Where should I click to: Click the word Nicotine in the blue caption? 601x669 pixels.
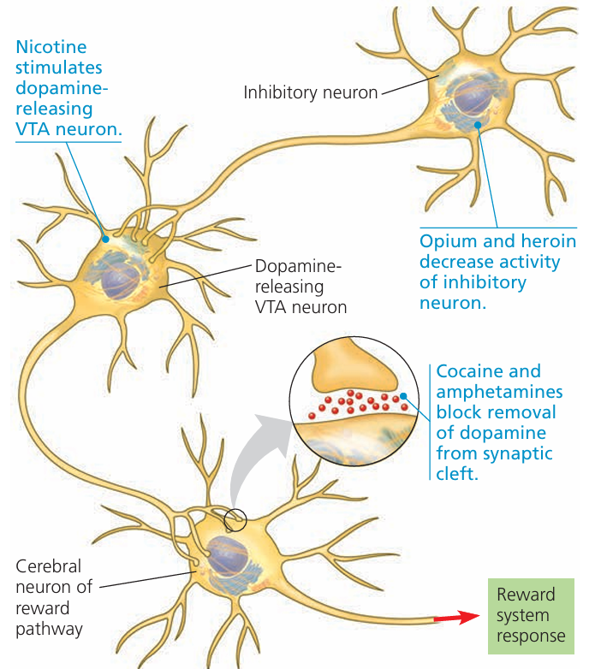51,47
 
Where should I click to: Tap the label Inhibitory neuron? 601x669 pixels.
311,92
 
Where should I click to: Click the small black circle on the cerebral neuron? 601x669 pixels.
235,518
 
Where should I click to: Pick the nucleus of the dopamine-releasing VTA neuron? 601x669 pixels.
120,277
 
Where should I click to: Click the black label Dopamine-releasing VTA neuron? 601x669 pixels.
300,287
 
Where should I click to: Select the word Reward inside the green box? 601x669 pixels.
526,595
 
